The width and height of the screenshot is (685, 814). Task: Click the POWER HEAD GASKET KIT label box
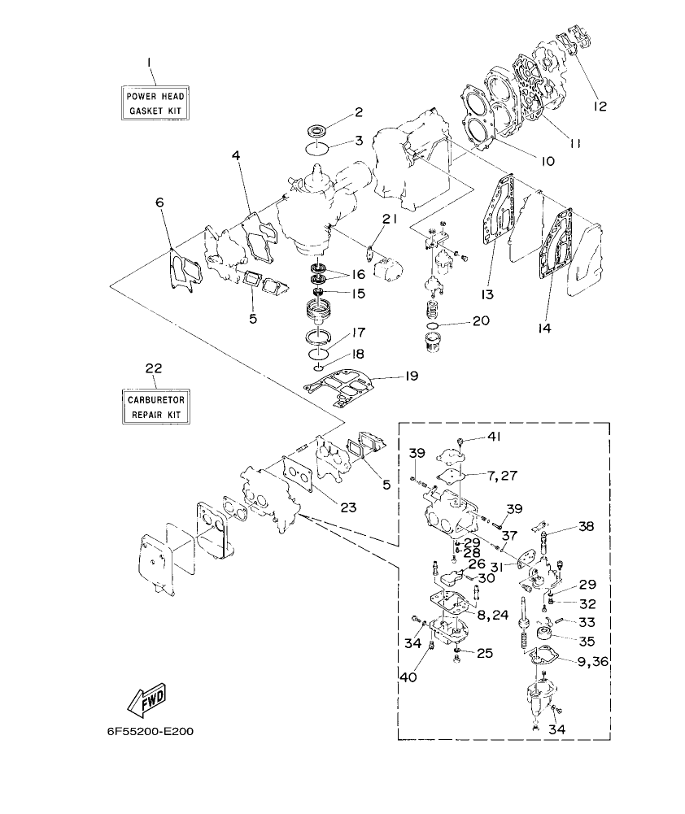coord(155,102)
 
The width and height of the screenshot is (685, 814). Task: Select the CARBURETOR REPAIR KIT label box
coord(155,407)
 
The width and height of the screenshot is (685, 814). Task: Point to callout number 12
coord(600,105)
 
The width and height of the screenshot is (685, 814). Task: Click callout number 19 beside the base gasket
coord(412,377)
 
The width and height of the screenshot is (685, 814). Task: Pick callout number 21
coord(389,218)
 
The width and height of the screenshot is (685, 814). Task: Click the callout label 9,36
coord(591,660)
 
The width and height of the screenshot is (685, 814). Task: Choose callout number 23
coord(348,507)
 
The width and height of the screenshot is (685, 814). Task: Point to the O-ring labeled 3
coord(318,148)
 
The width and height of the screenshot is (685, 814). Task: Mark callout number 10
coord(547,161)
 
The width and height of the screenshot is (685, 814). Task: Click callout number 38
coord(586,526)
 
